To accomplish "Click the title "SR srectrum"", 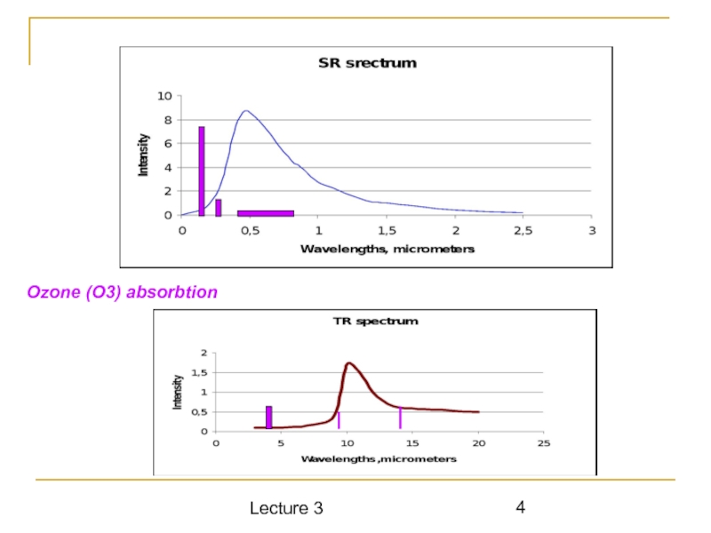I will [367, 63].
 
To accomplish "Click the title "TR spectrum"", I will [374, 321].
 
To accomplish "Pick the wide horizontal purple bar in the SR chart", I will [266, 212].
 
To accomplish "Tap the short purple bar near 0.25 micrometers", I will [218, 207].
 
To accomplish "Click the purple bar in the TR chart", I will [268, 418].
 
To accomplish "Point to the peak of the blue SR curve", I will [246, 111].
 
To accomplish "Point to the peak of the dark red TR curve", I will [349, 362].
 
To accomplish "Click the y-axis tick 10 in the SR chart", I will [165, 96].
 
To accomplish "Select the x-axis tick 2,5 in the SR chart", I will [523, 230].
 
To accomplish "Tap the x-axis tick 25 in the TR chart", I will [544, 444].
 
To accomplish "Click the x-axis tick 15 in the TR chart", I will [412, 444].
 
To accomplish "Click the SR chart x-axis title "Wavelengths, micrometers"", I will [387, 249].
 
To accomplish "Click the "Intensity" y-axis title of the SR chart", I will [143, 155].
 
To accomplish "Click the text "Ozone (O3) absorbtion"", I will [123, 291].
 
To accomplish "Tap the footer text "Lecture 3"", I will [286, 508].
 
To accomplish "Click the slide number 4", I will [521, 507].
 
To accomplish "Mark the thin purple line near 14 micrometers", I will [400, 417].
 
